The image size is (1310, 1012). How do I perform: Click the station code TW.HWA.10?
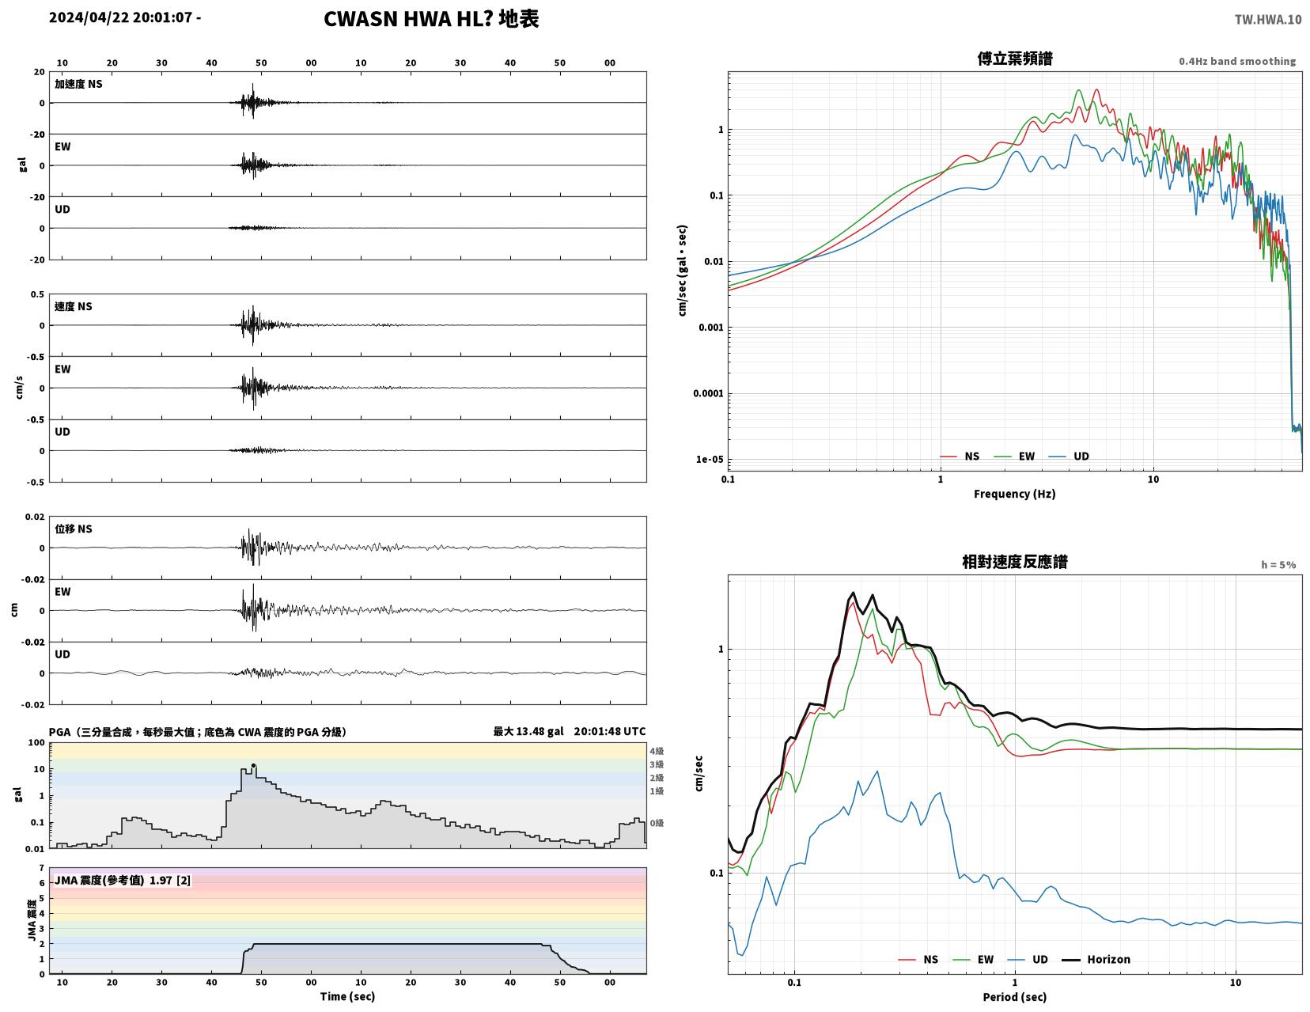pos(1267,19)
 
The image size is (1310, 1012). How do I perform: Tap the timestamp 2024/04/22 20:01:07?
pos(120,17)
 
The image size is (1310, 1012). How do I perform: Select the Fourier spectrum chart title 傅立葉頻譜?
pos(1014,59)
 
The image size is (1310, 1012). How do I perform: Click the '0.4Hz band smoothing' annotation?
pos(1236,61)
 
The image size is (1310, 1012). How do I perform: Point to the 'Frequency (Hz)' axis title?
pos(1014,494)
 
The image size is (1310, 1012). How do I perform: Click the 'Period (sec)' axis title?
pos(1014,996)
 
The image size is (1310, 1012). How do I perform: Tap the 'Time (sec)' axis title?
pos(347,996)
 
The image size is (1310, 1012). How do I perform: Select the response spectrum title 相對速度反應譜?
pos(1014,562)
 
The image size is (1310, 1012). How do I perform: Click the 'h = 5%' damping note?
pos(1278,565)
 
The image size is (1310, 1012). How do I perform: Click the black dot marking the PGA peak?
pos(253,766)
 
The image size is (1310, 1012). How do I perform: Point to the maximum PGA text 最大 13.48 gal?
pos(528,731)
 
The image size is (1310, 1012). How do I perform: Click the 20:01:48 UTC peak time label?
pos(609,731)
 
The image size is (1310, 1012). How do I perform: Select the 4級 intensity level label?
pos(657,751)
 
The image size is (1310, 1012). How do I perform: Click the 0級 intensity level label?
pos(657,823)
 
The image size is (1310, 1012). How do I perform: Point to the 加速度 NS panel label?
pos(78,84)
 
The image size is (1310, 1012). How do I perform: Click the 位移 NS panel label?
pos(74,529)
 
